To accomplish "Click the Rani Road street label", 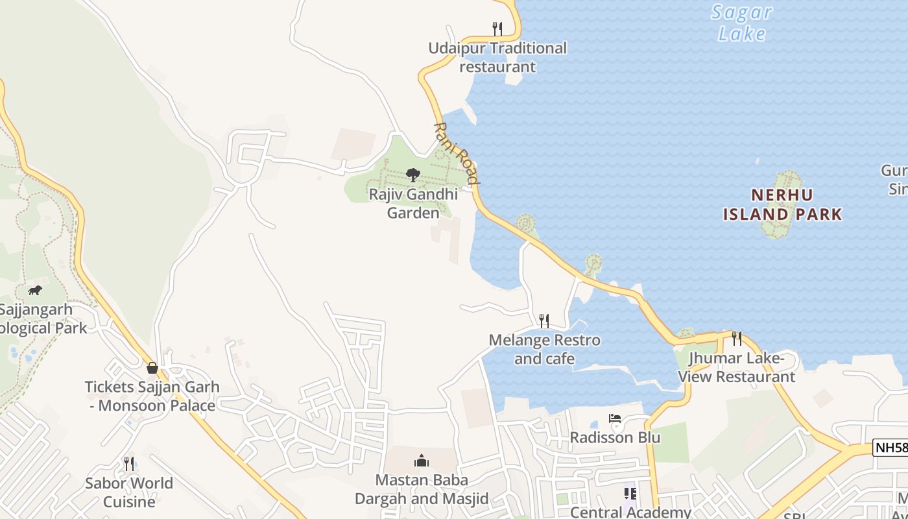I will click(x=457, y=153).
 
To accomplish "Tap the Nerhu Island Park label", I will click(x=782, y=204).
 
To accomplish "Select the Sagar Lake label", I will click(x=741, y=23).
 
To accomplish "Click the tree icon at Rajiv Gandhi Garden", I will click(x=412, y=175).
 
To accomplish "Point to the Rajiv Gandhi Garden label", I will click(x=413, y=203).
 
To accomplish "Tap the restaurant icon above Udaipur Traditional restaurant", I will click(x=497, y=29).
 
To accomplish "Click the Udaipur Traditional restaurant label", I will click(x=497, y=57).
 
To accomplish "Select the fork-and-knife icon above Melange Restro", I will click(x=544, y=320).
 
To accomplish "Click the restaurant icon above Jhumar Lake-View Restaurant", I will click(x=736, y=338).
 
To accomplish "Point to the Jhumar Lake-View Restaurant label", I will click(x=736, y=367).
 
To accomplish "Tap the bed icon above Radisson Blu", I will click(x=615, y=418).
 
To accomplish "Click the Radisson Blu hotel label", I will click(x=615, y=437).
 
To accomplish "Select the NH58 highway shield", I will click(x=890, y=447).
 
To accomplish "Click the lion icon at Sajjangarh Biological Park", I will click(x=35, y=290).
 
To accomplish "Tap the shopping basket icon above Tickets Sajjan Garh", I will click(x=152, y=368).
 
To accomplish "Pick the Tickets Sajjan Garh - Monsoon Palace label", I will click(x=152, y=396).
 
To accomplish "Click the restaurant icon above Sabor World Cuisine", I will click(x=129, y=463).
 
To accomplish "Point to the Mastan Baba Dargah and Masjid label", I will click(x=422, y=489).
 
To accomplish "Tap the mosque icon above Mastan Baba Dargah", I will click(x=422, y=461).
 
